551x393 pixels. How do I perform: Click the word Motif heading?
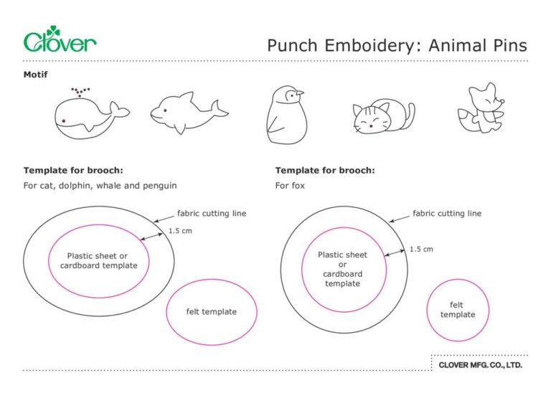pos(36,75)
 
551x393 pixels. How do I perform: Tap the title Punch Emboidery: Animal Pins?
pos(397,46)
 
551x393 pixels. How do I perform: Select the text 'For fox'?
pos(290,185)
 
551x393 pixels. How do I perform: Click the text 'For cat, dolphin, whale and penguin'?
pos(100,185)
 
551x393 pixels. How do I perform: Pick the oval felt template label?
pos(211,311)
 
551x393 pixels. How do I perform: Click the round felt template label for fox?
pos(457,310)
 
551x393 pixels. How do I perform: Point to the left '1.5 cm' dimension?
pos(180,231)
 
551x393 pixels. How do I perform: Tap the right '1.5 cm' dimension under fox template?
pos(421,250)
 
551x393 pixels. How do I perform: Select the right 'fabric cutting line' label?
pos(446,213)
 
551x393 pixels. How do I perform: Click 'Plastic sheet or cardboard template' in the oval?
pos(98,260)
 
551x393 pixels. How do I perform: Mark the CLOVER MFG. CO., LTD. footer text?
pos(480,365)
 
